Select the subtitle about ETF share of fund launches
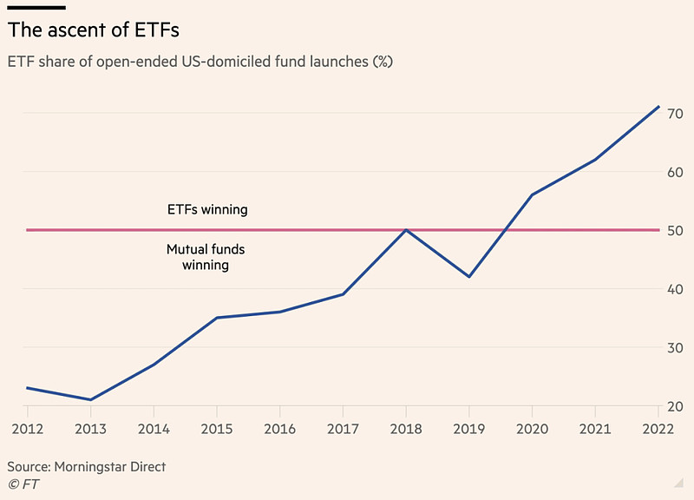click(200, 62)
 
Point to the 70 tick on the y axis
click(675, 113)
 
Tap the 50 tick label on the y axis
click(675, 230)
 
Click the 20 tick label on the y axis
click(675, 407)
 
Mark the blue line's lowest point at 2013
click(90, 400)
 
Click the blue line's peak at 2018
click(406, 230)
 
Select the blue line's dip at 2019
click(468, 277)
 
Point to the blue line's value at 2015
click(217, 318)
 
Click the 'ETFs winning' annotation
click(206, 209)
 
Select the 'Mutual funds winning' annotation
click(206, 257)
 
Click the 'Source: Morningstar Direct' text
click(86, 467)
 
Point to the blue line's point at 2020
click(532, 194)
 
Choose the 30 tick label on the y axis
click(675, 348)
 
